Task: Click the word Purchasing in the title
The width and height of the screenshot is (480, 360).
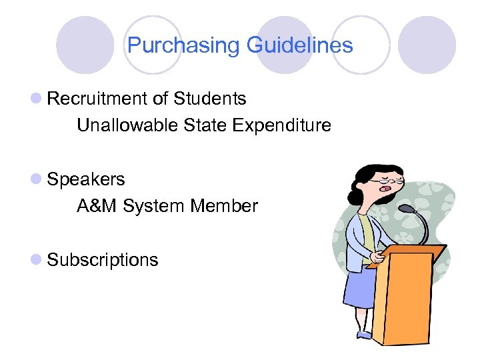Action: point(184,46)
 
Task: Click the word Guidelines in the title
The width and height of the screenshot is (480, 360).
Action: point(299,46)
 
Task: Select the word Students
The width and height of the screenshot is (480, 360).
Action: point(210,99)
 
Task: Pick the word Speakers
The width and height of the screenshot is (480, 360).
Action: point(86,179)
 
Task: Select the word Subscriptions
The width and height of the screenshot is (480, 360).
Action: point(103,259)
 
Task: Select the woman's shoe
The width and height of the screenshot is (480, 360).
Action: point(364,334)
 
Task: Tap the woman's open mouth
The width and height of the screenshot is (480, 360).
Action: point(385,191)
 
